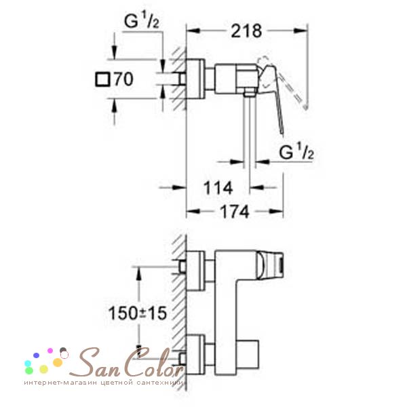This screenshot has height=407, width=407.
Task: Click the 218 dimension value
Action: (246, 31)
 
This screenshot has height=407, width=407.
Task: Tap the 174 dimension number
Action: (235, 212)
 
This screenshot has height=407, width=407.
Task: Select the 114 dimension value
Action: (218, 188)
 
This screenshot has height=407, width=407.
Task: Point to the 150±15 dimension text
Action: (137, 313)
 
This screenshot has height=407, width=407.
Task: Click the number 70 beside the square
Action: (124, 79)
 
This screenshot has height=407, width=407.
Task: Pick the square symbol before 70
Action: (103, 79)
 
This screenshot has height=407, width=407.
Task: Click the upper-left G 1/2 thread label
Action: (142, 21)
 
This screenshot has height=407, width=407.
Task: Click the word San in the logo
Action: (96, 363)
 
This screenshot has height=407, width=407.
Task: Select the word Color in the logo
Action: (154, 362)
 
